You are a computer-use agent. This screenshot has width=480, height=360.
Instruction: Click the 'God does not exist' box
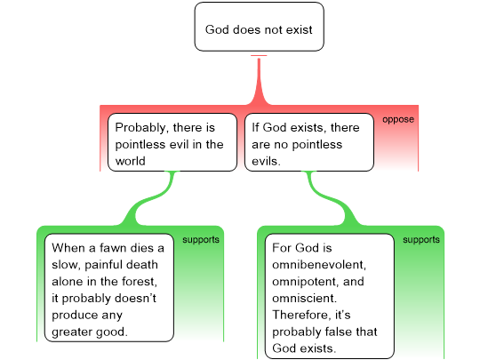[259, 27]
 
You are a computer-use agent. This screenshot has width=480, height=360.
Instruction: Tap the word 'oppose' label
[398, 119]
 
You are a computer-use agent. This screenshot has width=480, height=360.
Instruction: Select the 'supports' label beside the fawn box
[201, 240]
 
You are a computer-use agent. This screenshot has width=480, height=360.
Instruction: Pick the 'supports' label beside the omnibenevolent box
[421, 240]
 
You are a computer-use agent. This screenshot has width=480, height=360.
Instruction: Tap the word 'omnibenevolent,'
[319, 265]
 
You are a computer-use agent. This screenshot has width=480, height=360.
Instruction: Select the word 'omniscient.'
[304, 298]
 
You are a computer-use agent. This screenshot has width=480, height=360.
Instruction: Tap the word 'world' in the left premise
[131, 161]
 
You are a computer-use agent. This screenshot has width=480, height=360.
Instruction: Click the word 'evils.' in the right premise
[266, 161]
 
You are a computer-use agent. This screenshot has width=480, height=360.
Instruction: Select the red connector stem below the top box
[259, 81]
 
